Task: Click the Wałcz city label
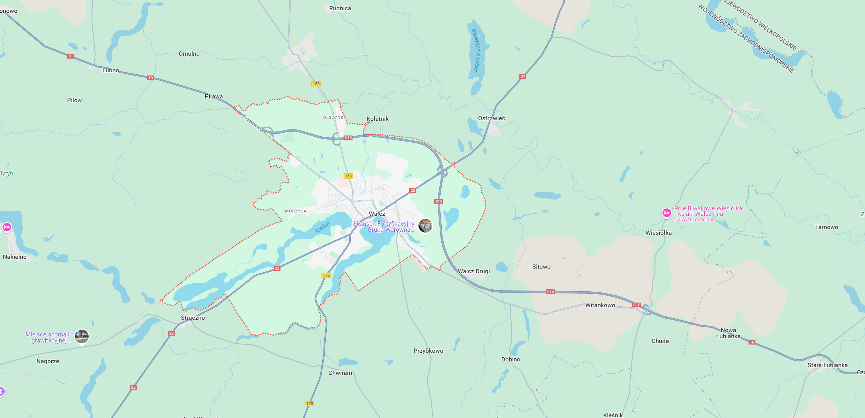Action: coord(377,214)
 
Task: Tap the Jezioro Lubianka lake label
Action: coord(476,51)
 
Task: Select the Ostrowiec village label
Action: coord(491,118)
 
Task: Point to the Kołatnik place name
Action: coord(377,119)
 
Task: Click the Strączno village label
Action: coord(193,318)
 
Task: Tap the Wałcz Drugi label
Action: coord(474,271)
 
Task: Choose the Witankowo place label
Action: coord(600,305)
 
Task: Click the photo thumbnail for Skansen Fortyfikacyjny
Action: coord(425,225)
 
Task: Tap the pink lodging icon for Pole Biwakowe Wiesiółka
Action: coord(667,213)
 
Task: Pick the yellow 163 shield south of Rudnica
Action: coord(316,84)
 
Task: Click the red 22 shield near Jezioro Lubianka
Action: coord(523,77)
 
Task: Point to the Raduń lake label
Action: coord(322,227)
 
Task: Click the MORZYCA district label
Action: coord(295,211)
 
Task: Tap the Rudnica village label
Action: coord(340,8)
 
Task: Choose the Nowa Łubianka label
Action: coord(728,333)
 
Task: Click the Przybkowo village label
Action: coord(428,351)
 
